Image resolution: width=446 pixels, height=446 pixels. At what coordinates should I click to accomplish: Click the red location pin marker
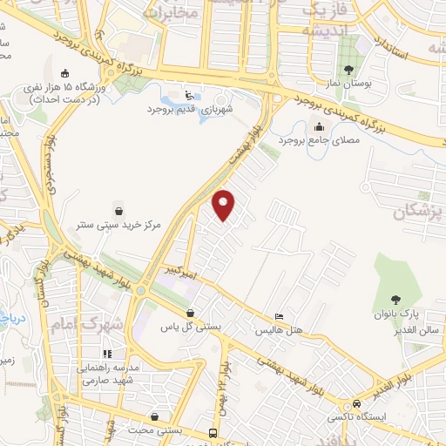click(224, 205)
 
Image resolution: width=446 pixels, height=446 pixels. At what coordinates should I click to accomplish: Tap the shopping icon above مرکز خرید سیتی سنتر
click(118, 210)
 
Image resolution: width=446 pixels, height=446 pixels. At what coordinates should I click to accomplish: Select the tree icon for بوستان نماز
click(348, 70)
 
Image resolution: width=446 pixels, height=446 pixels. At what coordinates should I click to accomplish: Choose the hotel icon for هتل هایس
click(278, 316)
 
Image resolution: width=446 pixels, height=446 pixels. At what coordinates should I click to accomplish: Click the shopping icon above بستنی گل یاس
click(191, 313)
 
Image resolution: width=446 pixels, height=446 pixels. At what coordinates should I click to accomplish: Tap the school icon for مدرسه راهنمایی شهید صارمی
click(108, 354)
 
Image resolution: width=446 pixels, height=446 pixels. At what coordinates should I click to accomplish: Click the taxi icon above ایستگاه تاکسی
click(357, 404)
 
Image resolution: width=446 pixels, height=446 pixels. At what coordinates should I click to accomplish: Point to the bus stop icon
click(213, 432)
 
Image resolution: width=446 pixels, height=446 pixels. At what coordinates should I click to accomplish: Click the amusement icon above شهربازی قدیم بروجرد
click(191, 94)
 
